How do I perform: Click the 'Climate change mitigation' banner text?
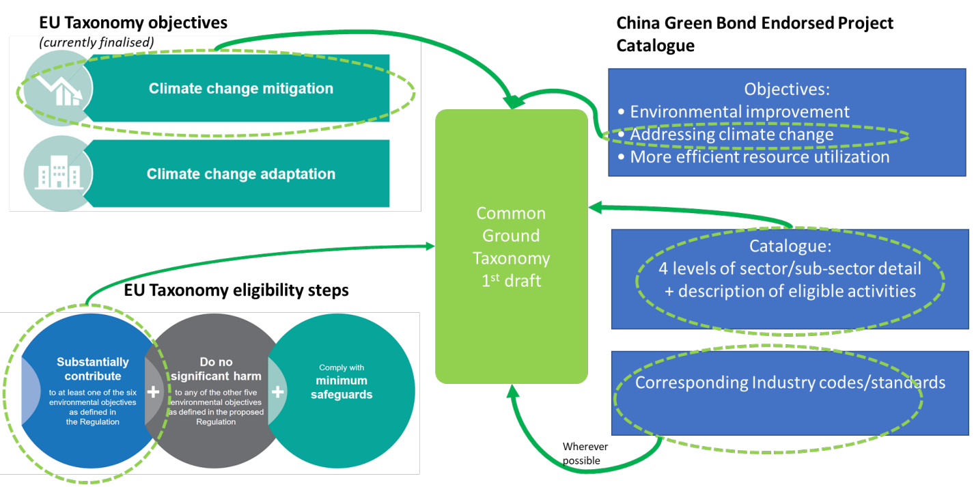tap(241, 88)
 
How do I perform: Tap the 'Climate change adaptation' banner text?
tap(241, 173)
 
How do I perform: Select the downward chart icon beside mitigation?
tap(57, 89)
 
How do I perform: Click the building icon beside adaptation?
tap(57, 174)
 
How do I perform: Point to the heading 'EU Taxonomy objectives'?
tap(133, 23)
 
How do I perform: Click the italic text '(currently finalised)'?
tap(97, 42)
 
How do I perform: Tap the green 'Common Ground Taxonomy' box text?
tap(512, 247)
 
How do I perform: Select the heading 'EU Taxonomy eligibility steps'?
tap(236, 290)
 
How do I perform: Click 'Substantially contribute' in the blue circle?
tap(92, 369)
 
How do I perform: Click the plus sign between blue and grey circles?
tap(153, 391)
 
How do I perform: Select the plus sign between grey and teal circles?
tap(277, 391)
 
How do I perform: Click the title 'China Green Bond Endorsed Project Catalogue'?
tap(754, 33)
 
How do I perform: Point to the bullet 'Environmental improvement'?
tap(739, 111)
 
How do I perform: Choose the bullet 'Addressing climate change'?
tap(731, 134)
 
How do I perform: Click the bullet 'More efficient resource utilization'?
tap(759, 156)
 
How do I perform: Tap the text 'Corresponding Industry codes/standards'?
tap(790, 382)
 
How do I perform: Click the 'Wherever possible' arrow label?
tap(585, 454)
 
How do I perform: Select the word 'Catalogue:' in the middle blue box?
tap(790, 246)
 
